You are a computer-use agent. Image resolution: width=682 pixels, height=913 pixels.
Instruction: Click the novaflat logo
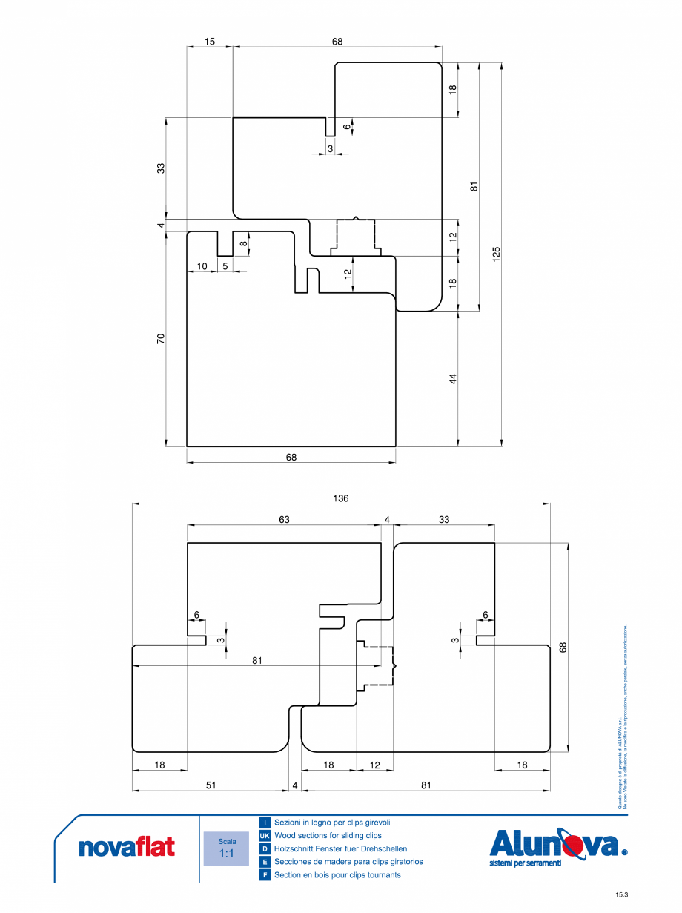tap(127, 847)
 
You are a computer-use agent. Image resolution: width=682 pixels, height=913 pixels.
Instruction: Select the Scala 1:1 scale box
tap(226, 848)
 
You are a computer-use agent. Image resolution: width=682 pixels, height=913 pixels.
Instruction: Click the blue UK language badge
tap(265, 836)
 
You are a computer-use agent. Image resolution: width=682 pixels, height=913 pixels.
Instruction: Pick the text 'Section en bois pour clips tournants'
tap(337, 875)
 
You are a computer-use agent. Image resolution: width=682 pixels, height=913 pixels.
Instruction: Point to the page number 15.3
tap(621, 895)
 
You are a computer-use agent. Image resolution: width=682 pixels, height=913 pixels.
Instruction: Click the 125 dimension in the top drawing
tap(497, 254)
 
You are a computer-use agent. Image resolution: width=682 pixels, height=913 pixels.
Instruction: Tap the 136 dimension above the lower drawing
tap(341, 498)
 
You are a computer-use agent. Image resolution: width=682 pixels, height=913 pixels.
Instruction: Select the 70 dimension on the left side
tap(161, 339)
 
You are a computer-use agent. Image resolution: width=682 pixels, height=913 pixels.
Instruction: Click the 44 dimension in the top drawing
tap(453, 378)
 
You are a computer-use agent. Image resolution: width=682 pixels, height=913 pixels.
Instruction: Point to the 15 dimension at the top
tap(210, 42)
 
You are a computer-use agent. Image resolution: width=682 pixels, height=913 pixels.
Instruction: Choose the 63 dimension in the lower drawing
tap(284, 520)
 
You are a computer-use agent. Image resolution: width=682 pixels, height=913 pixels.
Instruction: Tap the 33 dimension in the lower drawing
tap(443, 520)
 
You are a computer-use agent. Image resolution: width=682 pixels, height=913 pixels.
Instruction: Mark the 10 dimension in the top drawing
tap(202, 266)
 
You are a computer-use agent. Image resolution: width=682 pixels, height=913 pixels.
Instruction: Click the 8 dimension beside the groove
tap(243, 243)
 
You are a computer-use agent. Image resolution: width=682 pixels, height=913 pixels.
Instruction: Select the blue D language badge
tap(265, 849)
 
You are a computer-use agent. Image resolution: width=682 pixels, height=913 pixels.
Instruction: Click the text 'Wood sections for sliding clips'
tap(328, 836)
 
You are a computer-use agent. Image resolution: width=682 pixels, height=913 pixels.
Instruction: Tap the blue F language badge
tap(265, 875)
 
